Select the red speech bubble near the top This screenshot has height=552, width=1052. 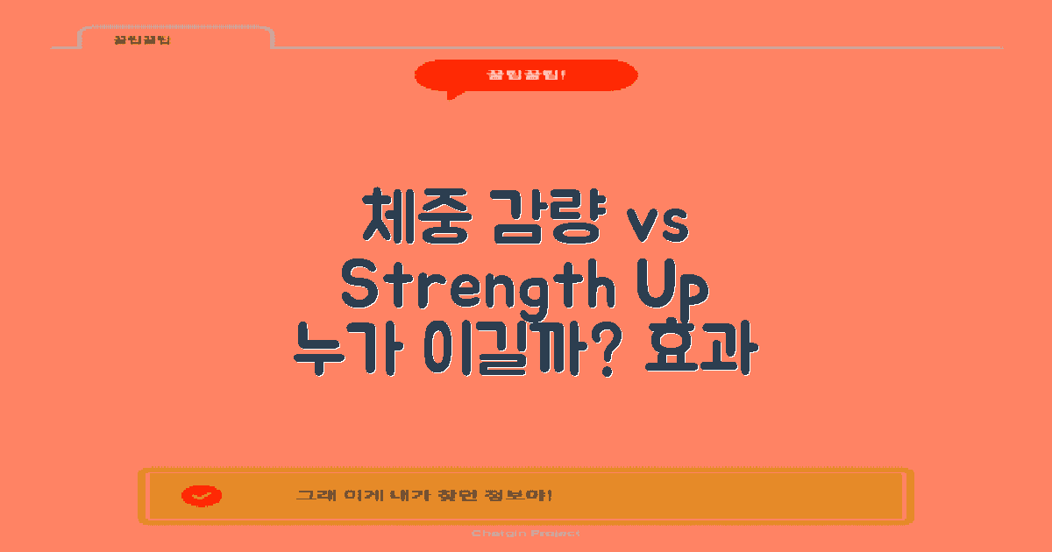click(x=526, y=75)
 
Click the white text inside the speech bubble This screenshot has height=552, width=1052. click(x=526, y=74)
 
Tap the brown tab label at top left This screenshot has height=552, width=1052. click(x=141, y=40)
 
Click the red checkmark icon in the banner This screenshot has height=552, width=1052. click(x=202, y=496)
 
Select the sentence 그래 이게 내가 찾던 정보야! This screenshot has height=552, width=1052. click(x=423, y=496)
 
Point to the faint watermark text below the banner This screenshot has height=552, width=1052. click(x=525, y=533)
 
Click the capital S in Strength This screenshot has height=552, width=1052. click(x=359, y=287)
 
